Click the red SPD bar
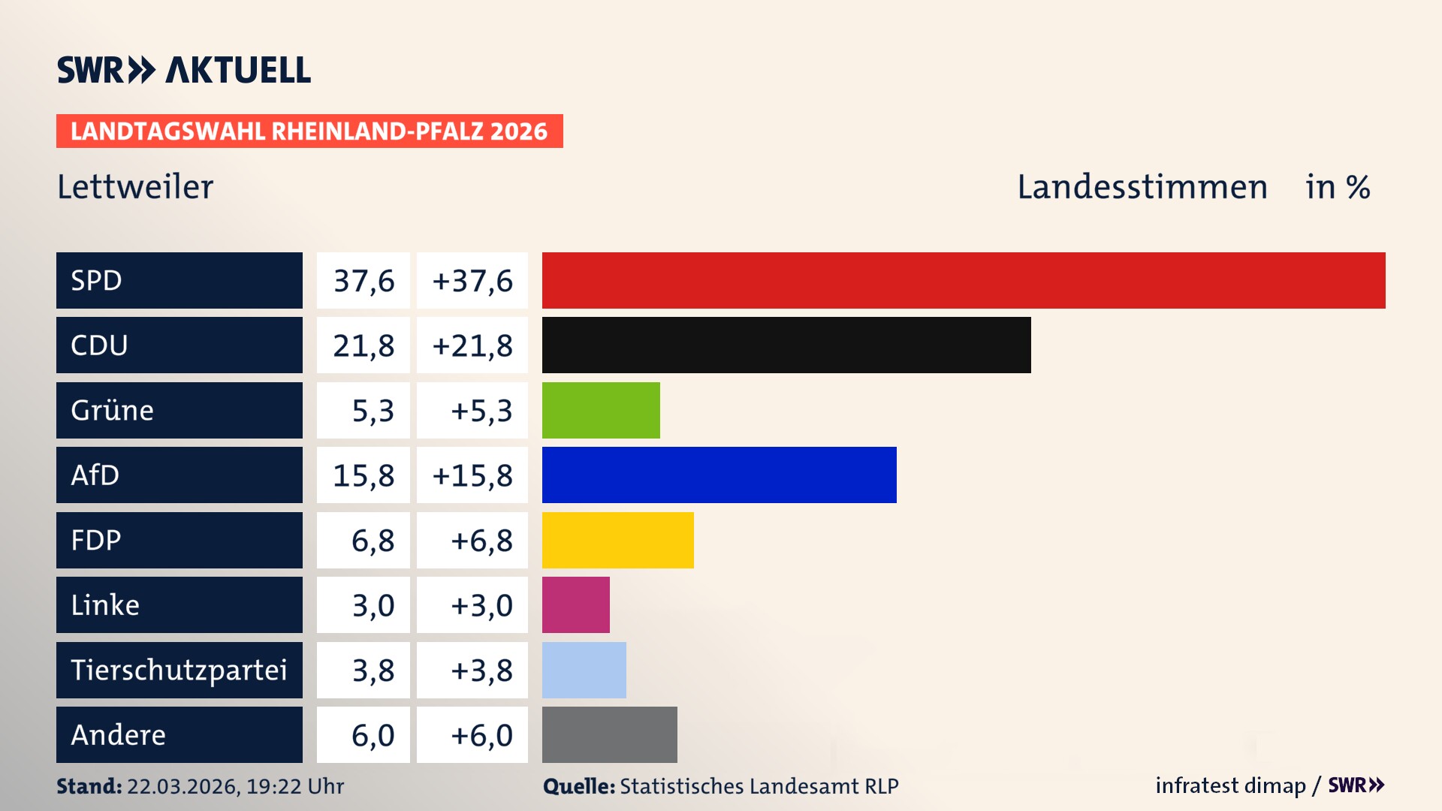964,280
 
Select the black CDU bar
786,345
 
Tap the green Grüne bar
601,410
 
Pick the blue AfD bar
719,475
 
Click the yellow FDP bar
617,540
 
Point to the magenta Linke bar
575,604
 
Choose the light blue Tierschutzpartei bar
584,670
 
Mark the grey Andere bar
609,734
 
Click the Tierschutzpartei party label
179,670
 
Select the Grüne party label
113,410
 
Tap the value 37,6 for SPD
364,281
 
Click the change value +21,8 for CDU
472,345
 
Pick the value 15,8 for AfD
364,475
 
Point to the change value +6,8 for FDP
481,540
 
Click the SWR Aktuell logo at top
183,70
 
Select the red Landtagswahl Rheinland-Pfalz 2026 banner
309,131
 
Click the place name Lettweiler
135,187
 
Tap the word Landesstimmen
1142,187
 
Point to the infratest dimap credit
1229,785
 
